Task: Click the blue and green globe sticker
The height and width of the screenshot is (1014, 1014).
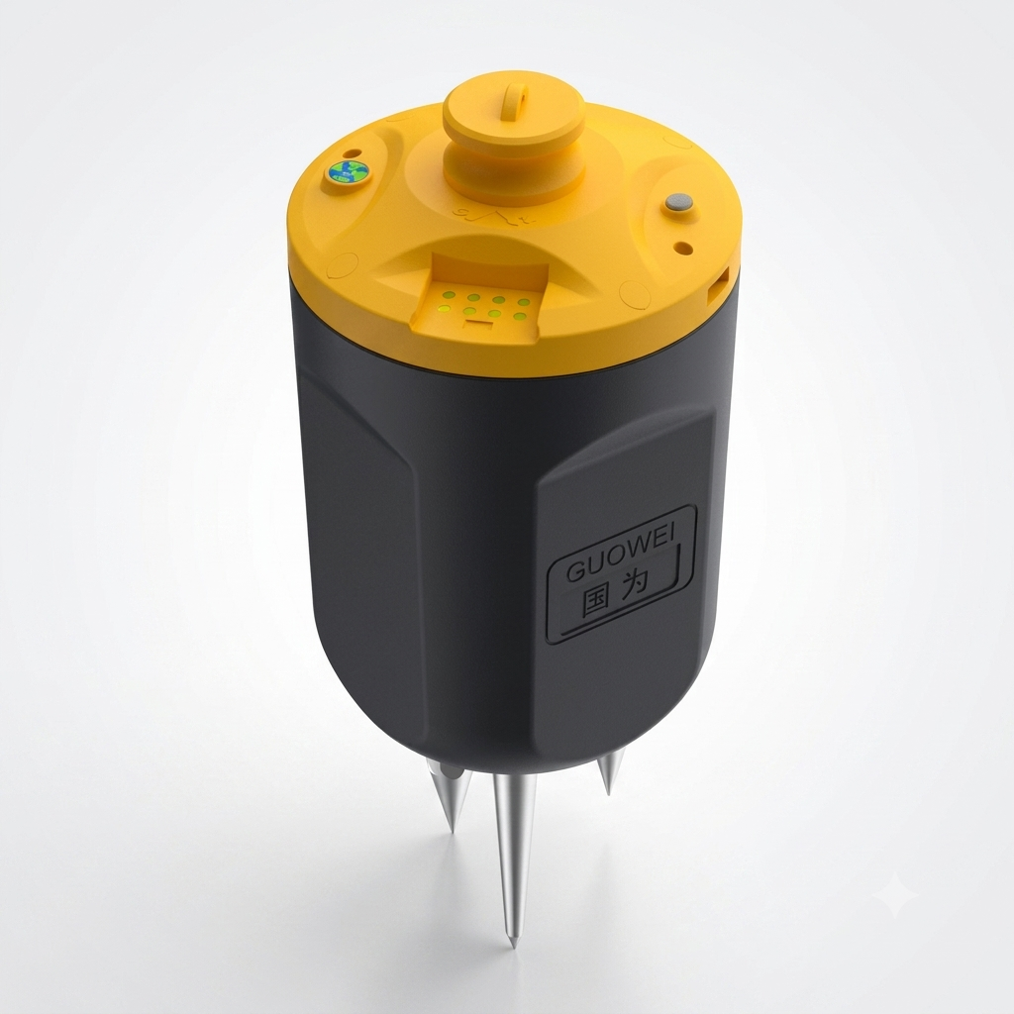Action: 347,172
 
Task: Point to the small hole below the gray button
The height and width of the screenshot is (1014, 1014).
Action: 683,248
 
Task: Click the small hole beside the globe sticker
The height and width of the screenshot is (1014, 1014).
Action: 353,153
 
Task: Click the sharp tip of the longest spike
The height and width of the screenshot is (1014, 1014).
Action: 514,947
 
